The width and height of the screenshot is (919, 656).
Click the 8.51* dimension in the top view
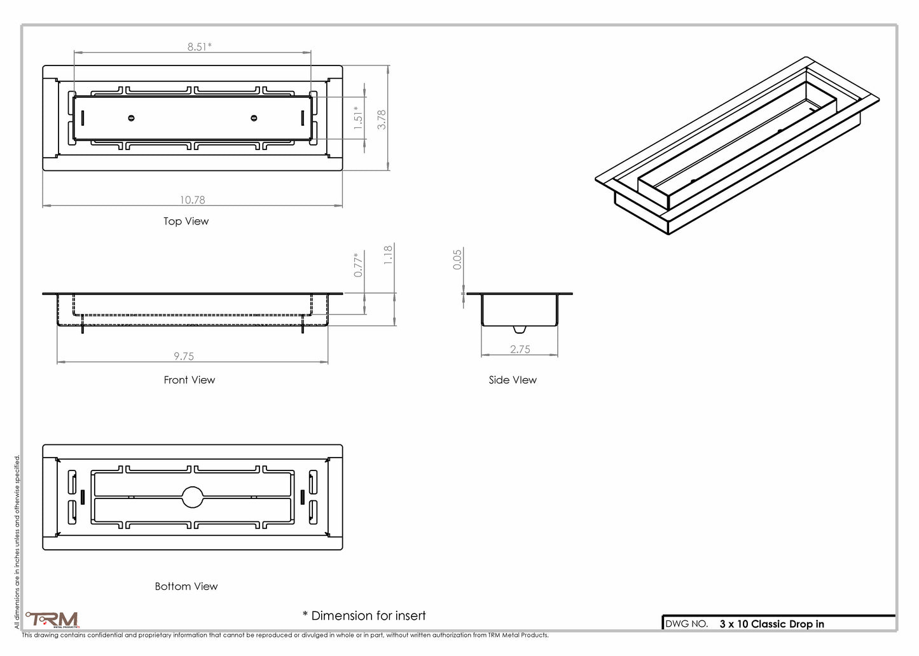pos(199,46)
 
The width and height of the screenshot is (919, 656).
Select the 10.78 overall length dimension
pos(192,200)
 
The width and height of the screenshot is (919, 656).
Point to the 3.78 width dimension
pos(381,120)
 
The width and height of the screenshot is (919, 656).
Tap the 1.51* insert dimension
pos(358,118)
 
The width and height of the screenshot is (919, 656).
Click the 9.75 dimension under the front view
pos(184,357)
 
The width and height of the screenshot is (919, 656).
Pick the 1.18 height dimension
pos(388,255)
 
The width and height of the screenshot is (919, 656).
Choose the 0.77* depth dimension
pos(358,264)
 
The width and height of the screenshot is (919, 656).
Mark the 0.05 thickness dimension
pos(457,259)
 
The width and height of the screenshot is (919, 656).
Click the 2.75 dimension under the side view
pos(520,349)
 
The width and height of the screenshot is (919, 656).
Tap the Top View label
pos(186,221)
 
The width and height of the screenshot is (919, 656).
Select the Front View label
pos(190,380)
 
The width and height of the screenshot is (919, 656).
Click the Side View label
pos(513,380)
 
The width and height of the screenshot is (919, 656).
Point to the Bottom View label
pos(186,586)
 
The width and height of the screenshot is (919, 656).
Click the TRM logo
pos(52,620)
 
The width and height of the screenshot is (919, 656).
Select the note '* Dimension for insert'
pos(364,615)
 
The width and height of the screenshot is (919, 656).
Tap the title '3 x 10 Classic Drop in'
pos(771,624)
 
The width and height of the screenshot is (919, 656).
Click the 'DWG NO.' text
pos(686,624)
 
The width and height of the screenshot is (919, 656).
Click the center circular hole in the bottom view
pos(193,496)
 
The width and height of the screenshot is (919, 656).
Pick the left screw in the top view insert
pos(131,118)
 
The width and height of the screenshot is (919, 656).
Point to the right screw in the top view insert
pos(254,118)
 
